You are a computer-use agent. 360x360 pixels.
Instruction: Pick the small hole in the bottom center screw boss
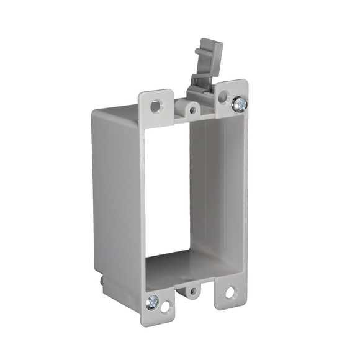tap(193, 290)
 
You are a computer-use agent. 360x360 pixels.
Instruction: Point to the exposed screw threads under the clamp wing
tap(200, 91)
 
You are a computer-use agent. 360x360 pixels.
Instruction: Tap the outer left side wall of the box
tap(118, 186)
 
